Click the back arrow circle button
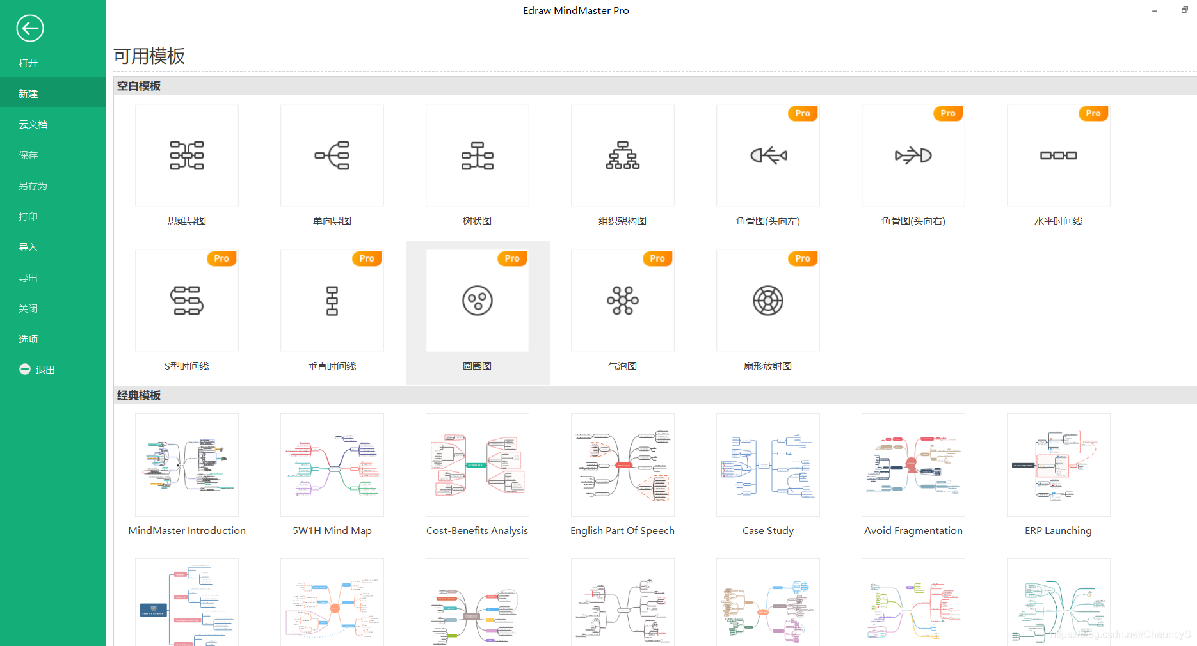click(x=29, y=28)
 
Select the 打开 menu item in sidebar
click(x=28, y=63)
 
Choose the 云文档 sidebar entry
click(x=33, y=124)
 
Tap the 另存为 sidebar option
click(x=33, y=185)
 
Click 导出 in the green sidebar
click(x=28, y=278)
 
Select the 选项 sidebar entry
click(x=28, y=339)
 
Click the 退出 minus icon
click(x=25, y=369)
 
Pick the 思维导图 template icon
click(x=187, y=155)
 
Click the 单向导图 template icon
click(x=332, y=155)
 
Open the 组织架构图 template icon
click(x=623, y=155)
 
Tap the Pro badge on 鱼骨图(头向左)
click(x=802, y=113)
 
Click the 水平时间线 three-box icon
click(x=1059, y=155)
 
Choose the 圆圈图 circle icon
click(x=478, y=301)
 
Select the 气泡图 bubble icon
click(x=623, y=301)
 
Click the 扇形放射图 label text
click(x=767, y=366)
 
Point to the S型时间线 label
click(x=187, y=366)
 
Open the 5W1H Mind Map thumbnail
click(x=332, y=465)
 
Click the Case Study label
click(x=768, y=530)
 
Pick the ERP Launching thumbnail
click(x=1059, y=465)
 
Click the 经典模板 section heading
click(x=139, y=395)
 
